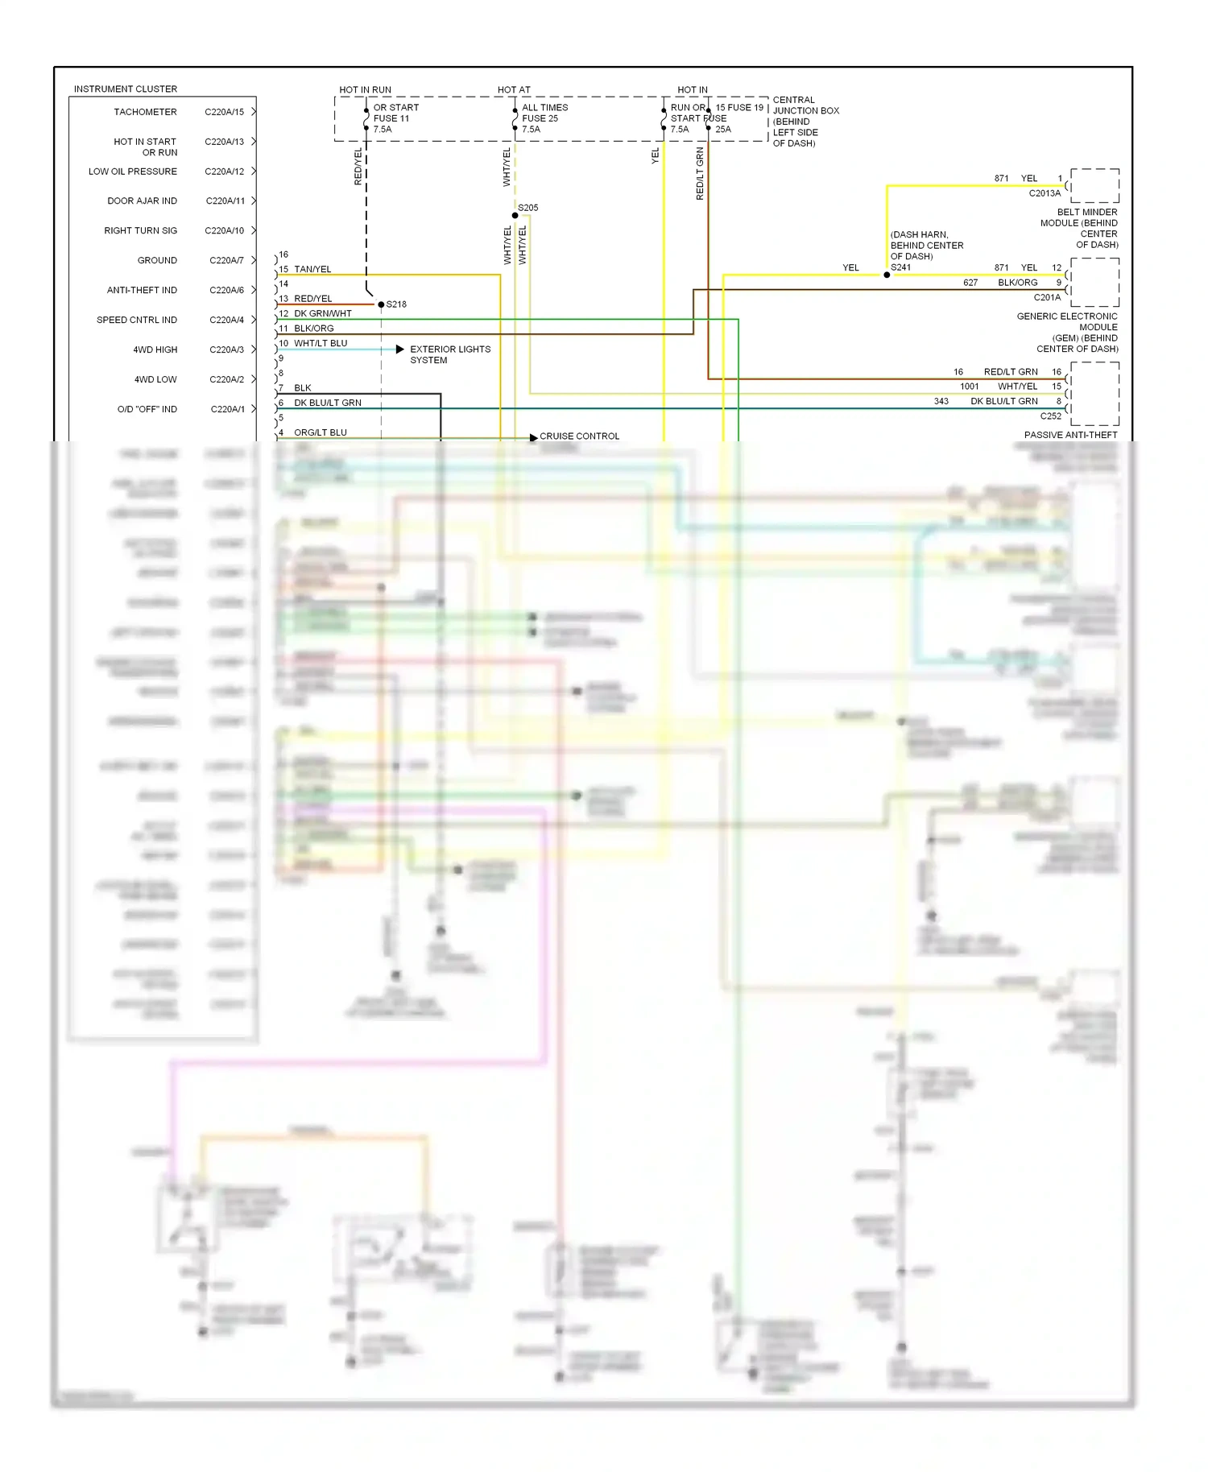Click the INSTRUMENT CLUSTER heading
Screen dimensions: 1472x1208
pyautogui.click(x=126, y=89)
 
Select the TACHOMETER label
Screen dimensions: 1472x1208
pyautogui.click(x=145, y=112)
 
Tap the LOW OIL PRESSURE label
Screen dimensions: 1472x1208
pyautogui.click(x=133, y=172)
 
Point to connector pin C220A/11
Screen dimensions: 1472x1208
pyautogui.click(x=225, y=201)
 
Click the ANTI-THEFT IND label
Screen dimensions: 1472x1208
pyautogui.click(x=142, y=290)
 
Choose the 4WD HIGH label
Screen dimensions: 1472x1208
pyautogui.click(x=155, y=349)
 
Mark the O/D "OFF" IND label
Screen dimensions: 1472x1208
pyautogui.click(x=147, y=409)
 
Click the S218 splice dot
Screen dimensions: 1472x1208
pyautogui.click(x=381, y=304)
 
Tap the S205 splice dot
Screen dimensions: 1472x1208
pyautogui.click(x=515, y=215)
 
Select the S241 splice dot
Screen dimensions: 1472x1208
pyautogui.click(x=887, y=275)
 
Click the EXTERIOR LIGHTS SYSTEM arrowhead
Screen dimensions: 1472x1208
pyautogui.click(x=400, y=349)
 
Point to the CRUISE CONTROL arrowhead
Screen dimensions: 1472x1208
pyautogui.click(x=533, y=438)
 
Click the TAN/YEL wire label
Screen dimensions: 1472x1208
pyautogui.click(x=312, y=269)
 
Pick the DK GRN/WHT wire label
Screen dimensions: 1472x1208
pyautogui.click(x=322, y=314)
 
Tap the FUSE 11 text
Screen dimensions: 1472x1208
pyautogui.click(x=391, y=118)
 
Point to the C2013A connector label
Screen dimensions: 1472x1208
pyautogui.click(x=1045, y=193)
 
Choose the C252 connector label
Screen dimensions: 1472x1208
pyautogui.click(x=1050, y=416)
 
